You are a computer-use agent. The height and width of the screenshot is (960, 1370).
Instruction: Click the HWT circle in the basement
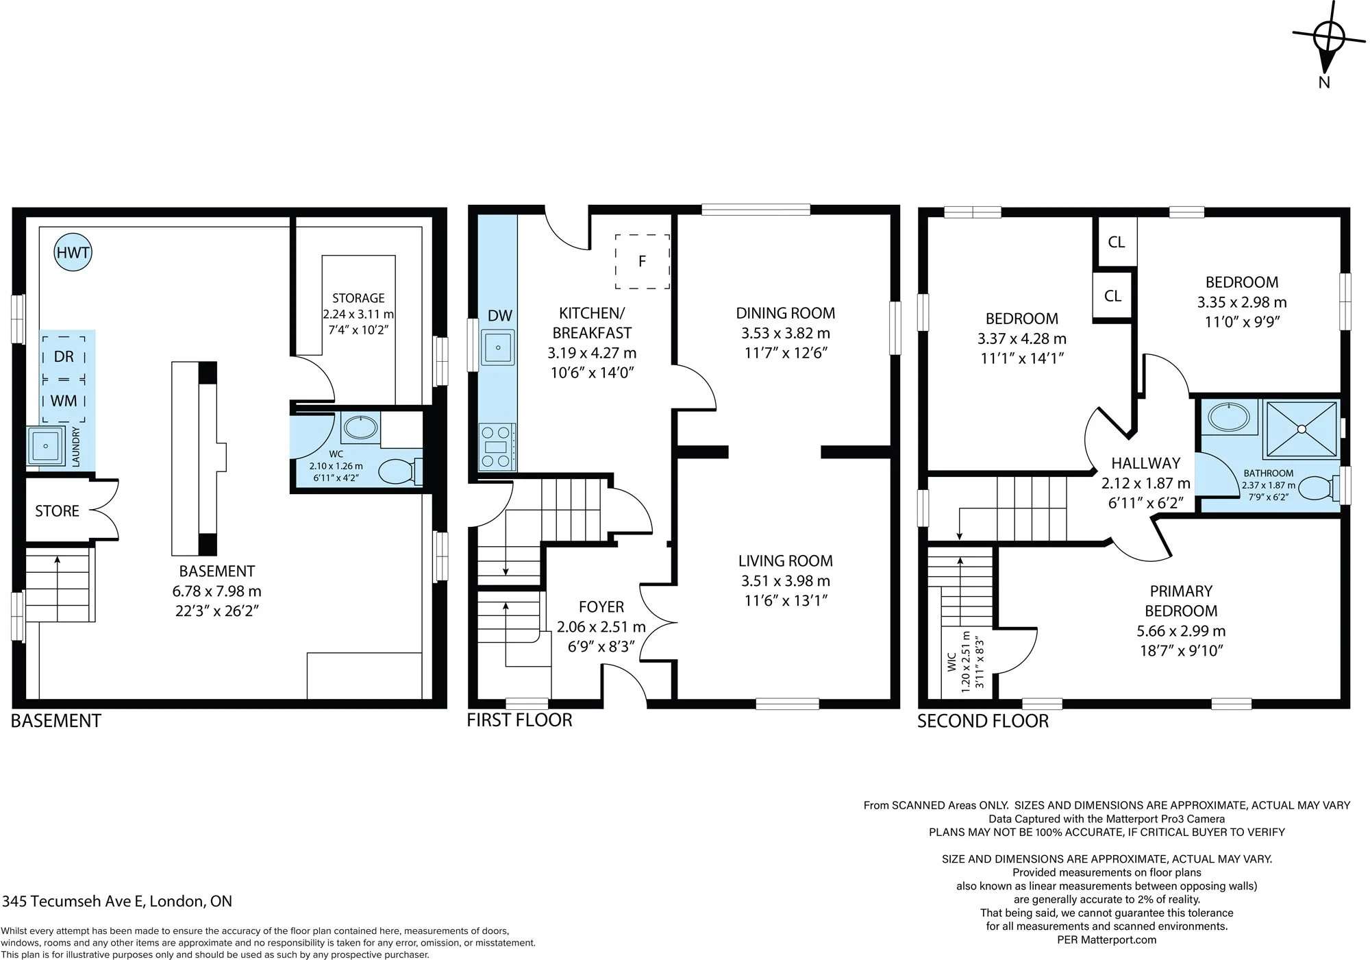coord(73,252)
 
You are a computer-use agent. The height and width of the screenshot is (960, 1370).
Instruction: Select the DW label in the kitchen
coord(500,315)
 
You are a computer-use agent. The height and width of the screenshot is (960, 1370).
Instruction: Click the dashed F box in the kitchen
coord(642,261)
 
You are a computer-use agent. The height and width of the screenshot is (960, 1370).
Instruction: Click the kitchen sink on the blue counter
coord(498,348)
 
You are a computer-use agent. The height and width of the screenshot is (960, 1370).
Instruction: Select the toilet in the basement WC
coord(400,471)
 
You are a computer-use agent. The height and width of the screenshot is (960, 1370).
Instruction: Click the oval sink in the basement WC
coord(360,428)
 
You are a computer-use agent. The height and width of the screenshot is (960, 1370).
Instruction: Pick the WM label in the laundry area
coord(64,400)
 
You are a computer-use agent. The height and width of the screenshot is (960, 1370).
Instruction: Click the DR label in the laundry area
coord(64,356)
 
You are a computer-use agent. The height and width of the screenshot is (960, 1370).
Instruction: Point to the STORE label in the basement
coord(58,511)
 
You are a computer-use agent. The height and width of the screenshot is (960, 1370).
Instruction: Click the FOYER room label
coord(601,607)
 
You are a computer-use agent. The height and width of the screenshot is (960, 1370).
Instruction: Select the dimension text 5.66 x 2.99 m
coord(1181,631)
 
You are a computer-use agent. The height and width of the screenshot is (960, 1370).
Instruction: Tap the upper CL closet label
coord(1117,242)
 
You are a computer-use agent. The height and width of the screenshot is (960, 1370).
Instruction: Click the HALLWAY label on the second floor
coord(1146,463)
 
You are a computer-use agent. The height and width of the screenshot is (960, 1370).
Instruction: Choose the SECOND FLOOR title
coord(983,721)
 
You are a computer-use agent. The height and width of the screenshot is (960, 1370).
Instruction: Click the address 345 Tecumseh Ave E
coord(73,901)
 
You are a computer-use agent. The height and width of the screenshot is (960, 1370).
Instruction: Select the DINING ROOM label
coord(786,313)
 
